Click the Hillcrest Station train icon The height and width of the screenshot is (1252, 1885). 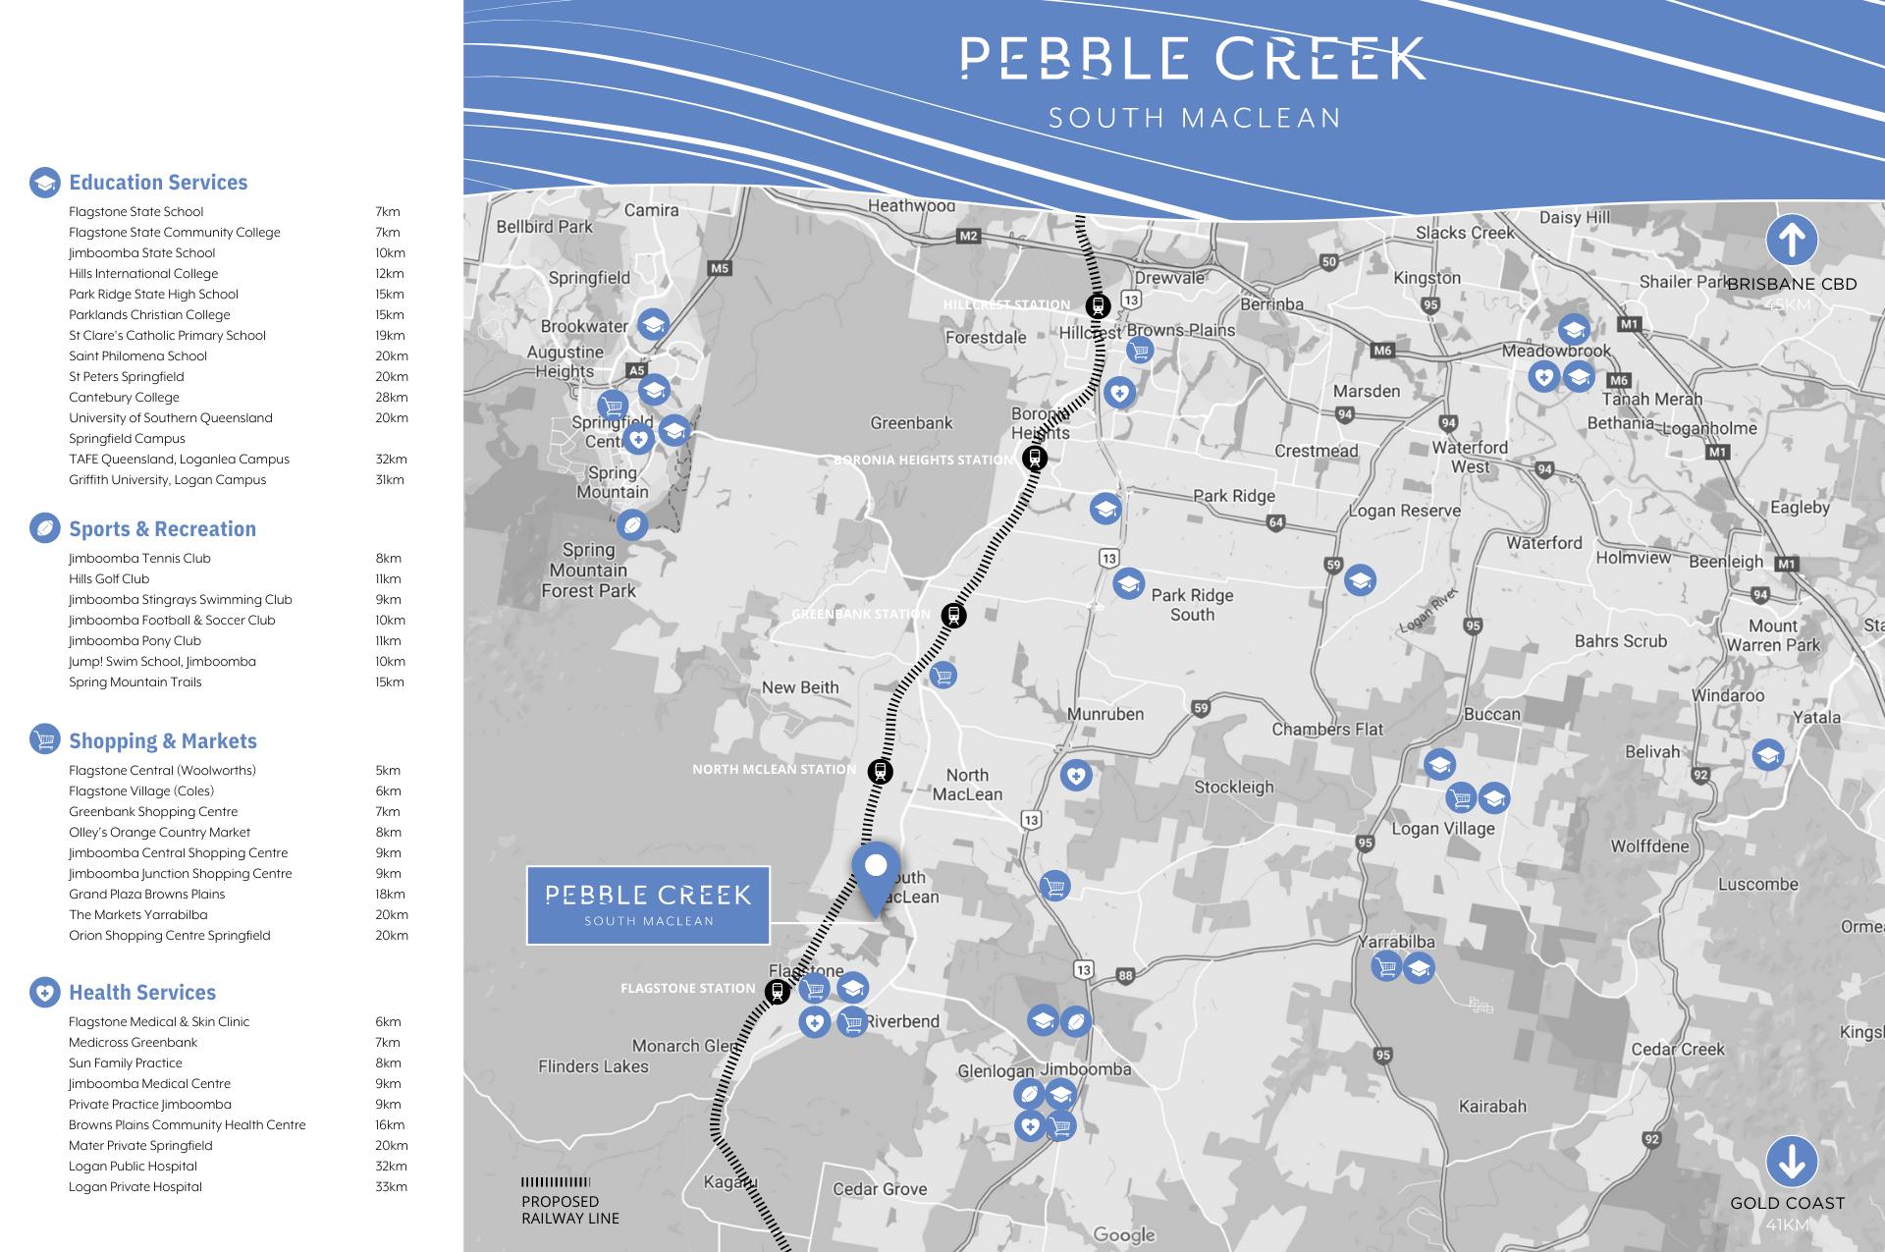[x=1098, y=305]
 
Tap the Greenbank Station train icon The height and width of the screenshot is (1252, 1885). [x=952, y=616]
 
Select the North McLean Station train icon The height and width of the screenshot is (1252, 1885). [x=881, y=771]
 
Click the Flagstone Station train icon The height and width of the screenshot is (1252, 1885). [x=778, y=991]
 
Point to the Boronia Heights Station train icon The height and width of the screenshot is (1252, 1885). [x=1034, y=458]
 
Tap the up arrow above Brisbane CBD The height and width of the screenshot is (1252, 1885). [x=1792, y=240]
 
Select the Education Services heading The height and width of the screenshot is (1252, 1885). [x=158, y=183]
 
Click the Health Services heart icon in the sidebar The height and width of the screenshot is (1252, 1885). [x=44, y=993]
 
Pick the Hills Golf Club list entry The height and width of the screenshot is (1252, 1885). [x=109, y=579]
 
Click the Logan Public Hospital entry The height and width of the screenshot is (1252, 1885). [x=133, y=1167]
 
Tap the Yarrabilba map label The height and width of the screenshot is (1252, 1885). [x=1396, y=942]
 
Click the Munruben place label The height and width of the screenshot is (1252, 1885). [x=1105, y=714]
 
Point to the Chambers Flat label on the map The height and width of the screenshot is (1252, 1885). [x=1327, y=729]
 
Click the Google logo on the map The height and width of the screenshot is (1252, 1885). [x=1124, y=1234]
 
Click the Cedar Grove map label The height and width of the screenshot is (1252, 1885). [x=880, y=1189]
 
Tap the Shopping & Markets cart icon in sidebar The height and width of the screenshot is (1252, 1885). [x=44, y=740]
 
